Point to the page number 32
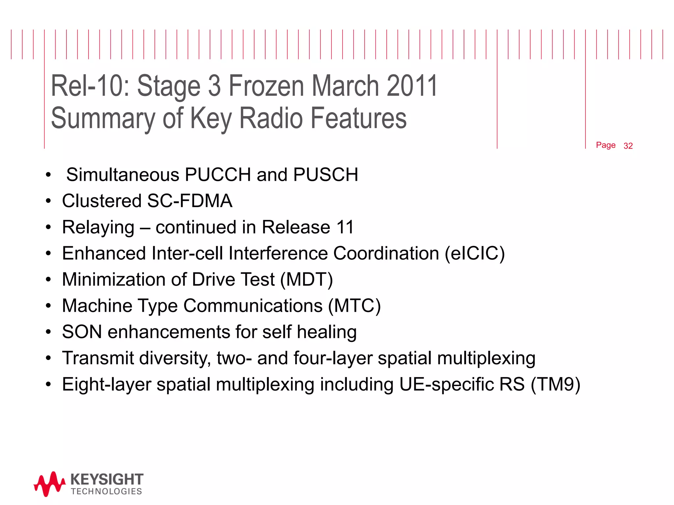pyautogui.click(x=628, y=146)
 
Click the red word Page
pyautogui.click(x=606, y=145)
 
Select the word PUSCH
pyautogui.click(x=325, y=174)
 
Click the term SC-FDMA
pyautogui.click(x=190, y=201)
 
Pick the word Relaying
pyautogui.click(x=98, y=227)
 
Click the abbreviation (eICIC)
pyautogui.click(x=475, y=253)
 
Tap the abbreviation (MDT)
pyautogui.click(x=306, y=280)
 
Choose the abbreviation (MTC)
pyautogui.click(x=354, y=306)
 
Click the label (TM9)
pyautogui.click(x=556, y=384)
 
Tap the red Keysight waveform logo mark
pyautogui.click(x=49, y=484)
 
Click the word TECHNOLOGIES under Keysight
pyautogui.click(x=106, y=492)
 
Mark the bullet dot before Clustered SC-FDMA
pyautogui.click(x=49, y=201)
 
